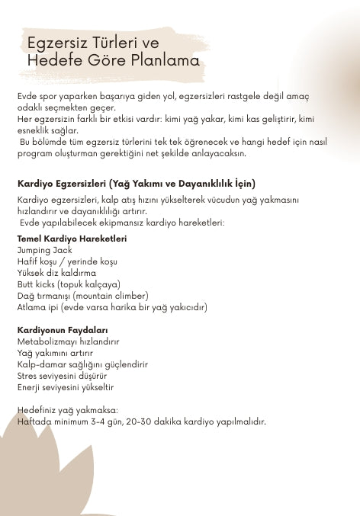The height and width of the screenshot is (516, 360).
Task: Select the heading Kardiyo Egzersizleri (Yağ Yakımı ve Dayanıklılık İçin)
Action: (x=136, y=184)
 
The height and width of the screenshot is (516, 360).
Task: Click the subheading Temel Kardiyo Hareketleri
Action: (x=72, y=239)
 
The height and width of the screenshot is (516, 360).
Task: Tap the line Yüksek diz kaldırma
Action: (x=56, y=273)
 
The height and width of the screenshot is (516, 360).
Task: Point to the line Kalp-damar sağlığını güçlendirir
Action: (x=82, y=364)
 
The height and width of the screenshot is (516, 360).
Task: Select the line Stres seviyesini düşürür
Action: (x=62, y=376)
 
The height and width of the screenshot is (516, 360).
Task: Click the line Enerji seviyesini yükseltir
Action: (x=66, y=387)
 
